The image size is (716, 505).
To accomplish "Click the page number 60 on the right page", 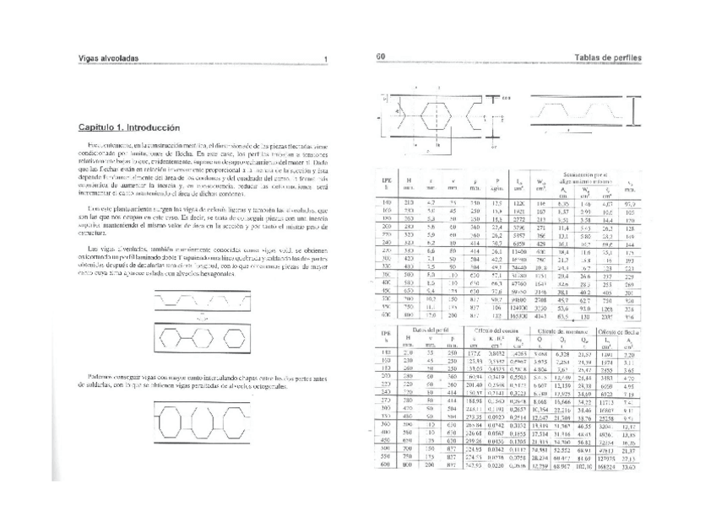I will pos(381,57).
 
